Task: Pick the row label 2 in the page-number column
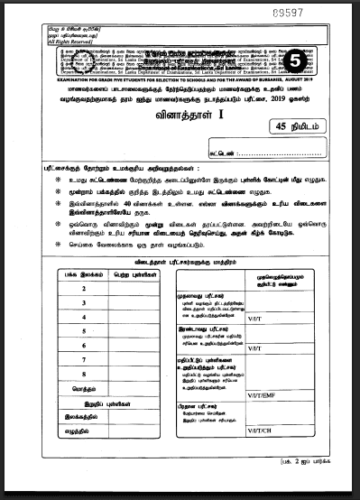pyautogui.click(x=83, y=288)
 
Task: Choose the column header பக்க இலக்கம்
pyautogui.click(x=83, y=272)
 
